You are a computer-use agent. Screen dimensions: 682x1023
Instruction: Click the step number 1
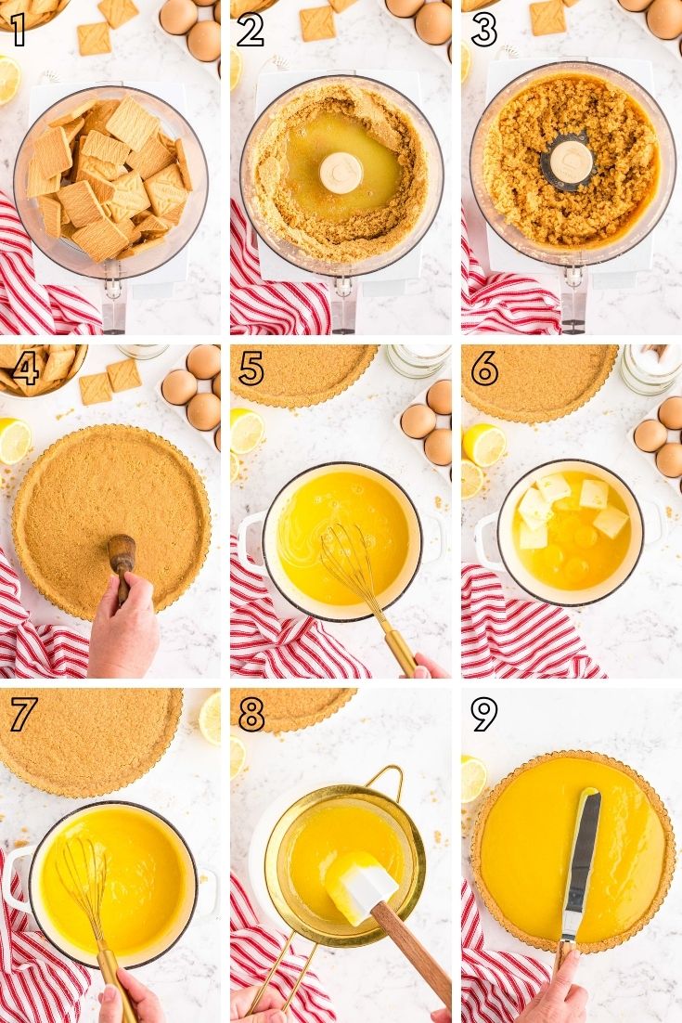click(x=19, y=30)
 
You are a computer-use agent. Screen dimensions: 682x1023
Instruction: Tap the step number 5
click(x=251, y=369)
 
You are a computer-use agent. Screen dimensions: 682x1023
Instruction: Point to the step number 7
click(x=22, y=715)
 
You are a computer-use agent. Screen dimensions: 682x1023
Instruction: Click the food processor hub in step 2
click(x=341, y=173)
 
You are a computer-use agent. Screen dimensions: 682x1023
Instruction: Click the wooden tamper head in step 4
click(x=122, y=552)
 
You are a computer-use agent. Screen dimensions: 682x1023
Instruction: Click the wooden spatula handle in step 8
click(x=412, y=943)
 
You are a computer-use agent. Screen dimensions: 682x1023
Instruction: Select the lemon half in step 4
click(x=15, y=441)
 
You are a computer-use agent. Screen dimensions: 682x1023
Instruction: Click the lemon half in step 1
click(x=9, y=80)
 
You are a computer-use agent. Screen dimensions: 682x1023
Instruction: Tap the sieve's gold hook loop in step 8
click(x=384, y=781)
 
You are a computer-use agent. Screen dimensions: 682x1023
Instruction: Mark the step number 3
click(x=483, y=31)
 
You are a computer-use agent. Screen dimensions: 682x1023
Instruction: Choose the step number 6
click(x=484, y=369)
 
